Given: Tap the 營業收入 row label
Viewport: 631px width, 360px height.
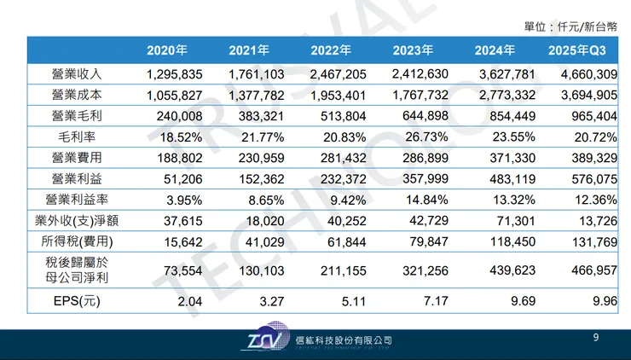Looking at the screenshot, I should [x=77, y=74].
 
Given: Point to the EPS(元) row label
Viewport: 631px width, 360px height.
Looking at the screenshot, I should [x=77, y=300].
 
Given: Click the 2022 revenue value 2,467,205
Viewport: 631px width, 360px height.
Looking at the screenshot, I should [x=331, y=74].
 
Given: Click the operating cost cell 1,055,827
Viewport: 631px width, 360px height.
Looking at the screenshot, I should [x=166, y=95].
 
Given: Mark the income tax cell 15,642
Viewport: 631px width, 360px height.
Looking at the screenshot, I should [x=166, y=241].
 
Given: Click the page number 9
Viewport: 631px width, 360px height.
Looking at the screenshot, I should [x=596, y=339].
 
